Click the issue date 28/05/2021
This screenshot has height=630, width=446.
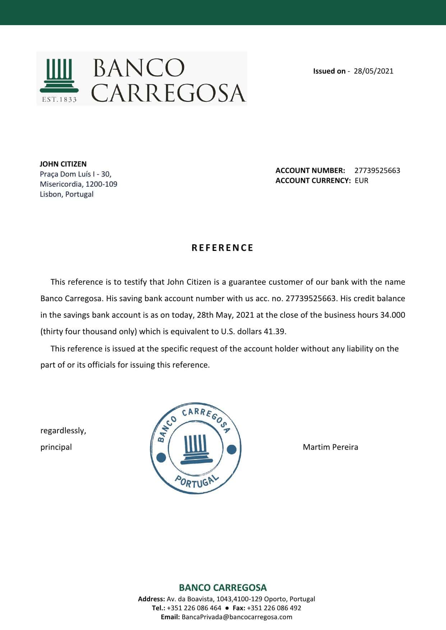pos(373,71)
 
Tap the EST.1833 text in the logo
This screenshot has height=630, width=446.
pos(59,99)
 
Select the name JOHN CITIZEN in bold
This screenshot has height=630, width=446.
pos(63,164)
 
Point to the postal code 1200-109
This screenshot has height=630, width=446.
pos(101,184)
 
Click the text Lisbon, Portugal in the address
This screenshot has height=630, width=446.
pos(67,194)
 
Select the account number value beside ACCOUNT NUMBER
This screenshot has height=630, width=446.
pos(377,171)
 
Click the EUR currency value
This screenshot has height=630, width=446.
pos(361,181)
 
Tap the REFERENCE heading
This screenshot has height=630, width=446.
pos(222,248)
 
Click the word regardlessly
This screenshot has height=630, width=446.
pos(63,430)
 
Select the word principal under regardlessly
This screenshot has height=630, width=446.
pos(56,447)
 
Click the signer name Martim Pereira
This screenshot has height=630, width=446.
pos(330,447)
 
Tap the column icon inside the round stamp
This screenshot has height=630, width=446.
pos(196,448)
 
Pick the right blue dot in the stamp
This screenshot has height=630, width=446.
pos(232,449)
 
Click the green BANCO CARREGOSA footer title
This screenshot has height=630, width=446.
pos(223,588)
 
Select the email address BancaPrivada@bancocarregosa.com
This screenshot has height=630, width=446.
pos(237,617)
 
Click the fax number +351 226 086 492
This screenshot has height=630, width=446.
pos(274,608)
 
